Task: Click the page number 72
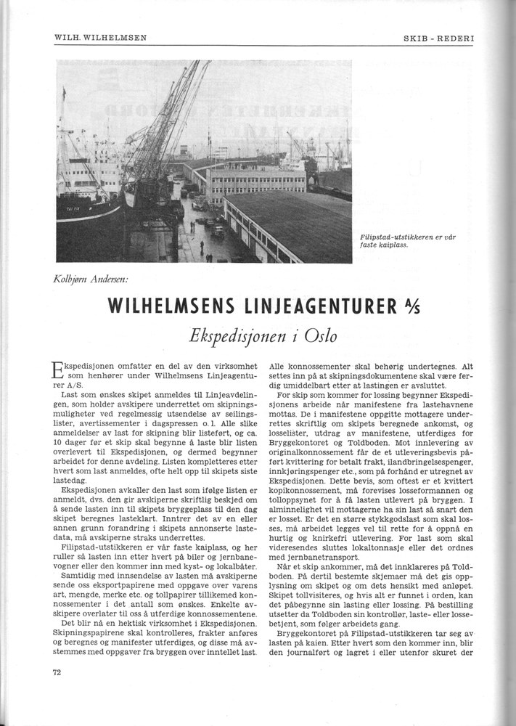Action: click(x=57, y=672)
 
